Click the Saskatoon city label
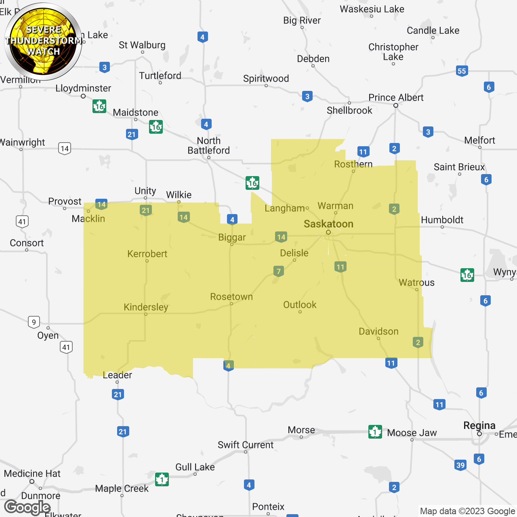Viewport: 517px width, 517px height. [328, 224]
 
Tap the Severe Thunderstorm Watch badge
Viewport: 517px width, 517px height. [43, 41]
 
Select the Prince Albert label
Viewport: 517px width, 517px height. [396, 98]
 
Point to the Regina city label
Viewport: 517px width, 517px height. [479, 426]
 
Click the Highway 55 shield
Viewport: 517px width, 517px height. [462, 71]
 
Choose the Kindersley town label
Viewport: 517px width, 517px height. [146, 307]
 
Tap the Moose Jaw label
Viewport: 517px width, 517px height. [412, 433]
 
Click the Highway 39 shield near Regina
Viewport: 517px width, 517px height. [460, 465]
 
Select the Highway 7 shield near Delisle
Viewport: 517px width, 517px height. [279, 271]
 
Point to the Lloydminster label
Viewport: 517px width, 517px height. [83, 88]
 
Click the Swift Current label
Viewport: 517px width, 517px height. [246, 445]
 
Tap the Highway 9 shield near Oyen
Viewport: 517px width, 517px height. [34, 322]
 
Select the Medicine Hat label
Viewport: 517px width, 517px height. [32, 473]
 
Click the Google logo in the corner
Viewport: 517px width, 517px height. [27, 507]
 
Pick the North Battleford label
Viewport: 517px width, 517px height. [208, 145]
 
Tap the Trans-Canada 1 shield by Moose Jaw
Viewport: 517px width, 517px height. [375, 432]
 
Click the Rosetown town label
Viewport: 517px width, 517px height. [231, 296]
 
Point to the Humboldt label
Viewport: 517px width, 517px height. [442, 220]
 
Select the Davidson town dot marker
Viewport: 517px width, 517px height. [378, 338]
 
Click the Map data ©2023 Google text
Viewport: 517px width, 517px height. [468, 511]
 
